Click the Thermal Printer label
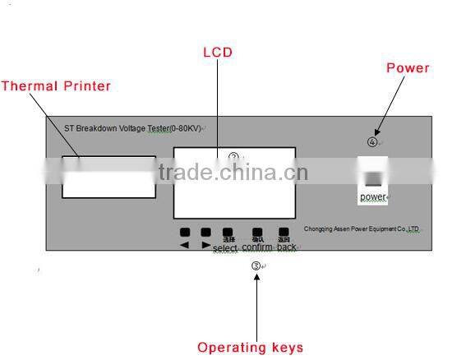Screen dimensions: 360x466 (56, 85)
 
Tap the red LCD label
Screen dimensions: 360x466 (218, 53)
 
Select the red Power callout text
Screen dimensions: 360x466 (408, 68)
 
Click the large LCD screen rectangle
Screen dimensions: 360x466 (234, 182)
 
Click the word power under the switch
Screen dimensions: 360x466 (373, 197)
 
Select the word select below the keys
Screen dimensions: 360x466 (225, 248)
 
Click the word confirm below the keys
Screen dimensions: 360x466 (257, 247)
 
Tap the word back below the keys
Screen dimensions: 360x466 (286, 247)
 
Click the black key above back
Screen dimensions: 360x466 (284, 232)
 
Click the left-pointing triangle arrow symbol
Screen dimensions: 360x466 (184, 245)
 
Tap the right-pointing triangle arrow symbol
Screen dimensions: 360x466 (205, 245)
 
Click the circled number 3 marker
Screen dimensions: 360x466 (256, 265)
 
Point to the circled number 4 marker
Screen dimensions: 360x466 (372, 141)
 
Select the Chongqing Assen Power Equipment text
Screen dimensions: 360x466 (362, 230)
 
